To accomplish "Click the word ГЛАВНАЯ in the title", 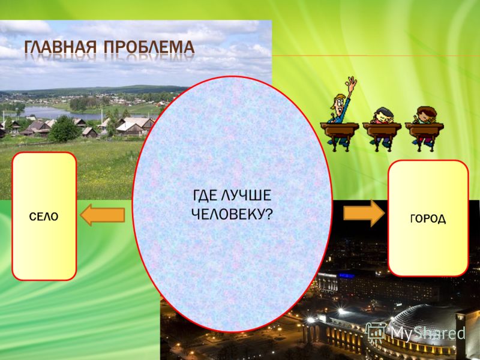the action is pos(61,47).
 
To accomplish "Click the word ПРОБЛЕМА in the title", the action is pos(149,47).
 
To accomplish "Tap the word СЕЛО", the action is pos(44,217).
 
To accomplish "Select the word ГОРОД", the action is pos(428,218).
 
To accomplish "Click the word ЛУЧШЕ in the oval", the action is pos(246,196).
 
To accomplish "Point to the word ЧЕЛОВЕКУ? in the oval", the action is pos(232,214).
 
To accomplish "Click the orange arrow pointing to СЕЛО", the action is pos(103,215).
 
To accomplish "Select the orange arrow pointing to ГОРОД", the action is pos(364,213).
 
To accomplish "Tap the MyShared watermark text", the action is pos(428,333).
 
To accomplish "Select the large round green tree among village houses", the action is pos(64,129).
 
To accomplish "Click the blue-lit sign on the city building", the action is pos(346,276).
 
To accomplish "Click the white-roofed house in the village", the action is pos(130,127).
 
